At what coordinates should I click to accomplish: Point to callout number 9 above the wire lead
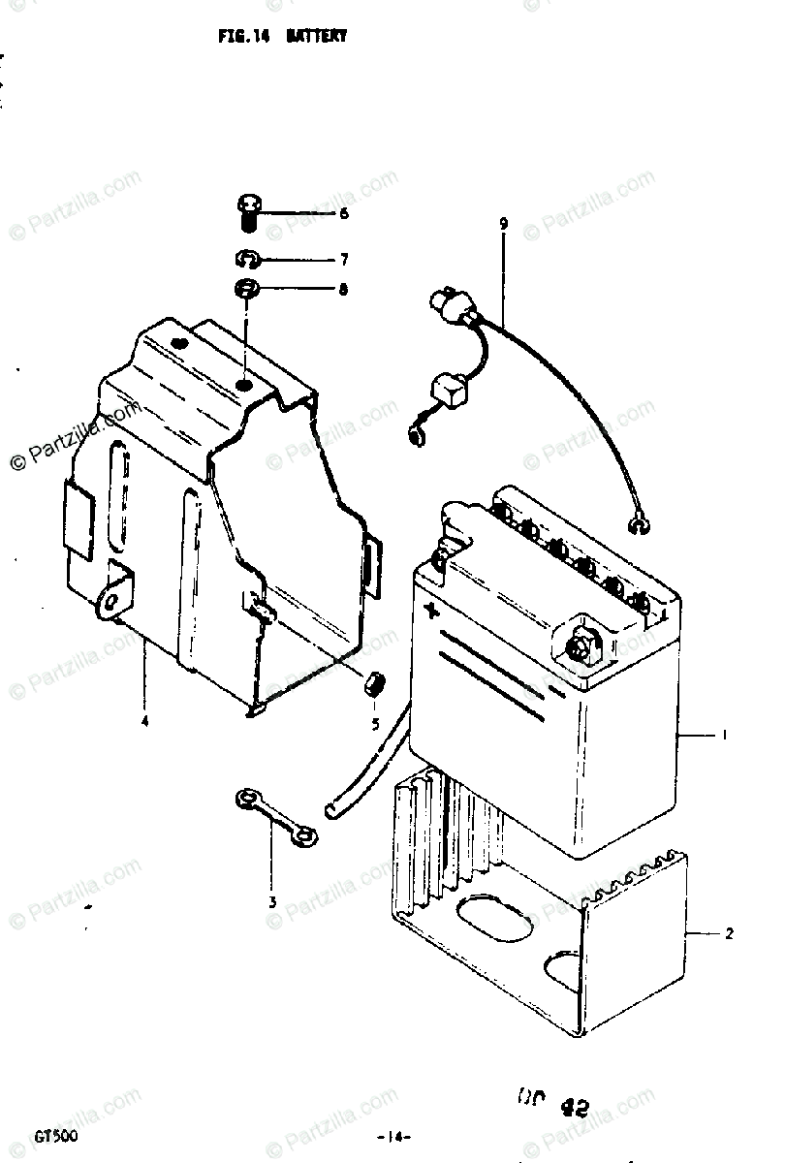click(x=503, y=225)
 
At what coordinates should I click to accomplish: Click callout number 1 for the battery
click(x=723, y=736)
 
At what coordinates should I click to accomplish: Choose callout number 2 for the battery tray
click(x=728, y=934)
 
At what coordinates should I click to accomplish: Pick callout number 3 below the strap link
click(x=273, y=901)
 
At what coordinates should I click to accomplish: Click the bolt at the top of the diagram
click(x=248, y=210)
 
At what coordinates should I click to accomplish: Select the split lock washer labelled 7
click(x=247, y=259)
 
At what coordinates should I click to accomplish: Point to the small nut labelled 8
click(x=246, y=289)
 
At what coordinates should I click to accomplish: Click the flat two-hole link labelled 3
click(x=274, y=816)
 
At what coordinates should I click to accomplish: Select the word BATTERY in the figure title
click(x=316, y=36)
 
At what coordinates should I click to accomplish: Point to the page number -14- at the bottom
click(x=394, y=1136)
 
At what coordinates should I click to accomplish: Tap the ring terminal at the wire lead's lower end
click(x=637, y=525)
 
